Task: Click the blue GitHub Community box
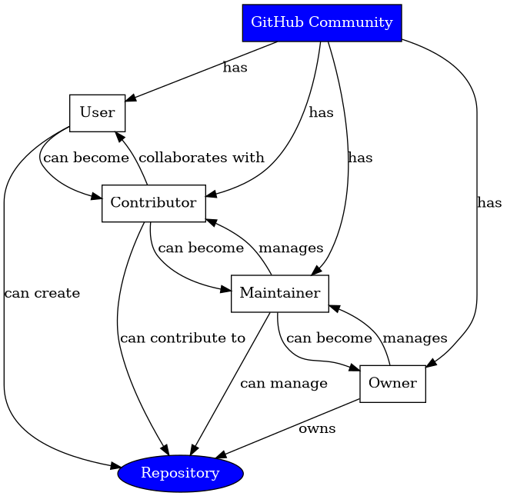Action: point(322,22)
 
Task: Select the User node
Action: point(97,113)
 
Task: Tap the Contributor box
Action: point(153,203)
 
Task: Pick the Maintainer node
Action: point(280,293)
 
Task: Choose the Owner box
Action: point(392,383)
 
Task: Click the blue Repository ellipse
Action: point(180,473)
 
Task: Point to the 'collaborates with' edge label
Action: point(202,158)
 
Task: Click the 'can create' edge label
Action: point(42,293)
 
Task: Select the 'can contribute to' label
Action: point(182,338)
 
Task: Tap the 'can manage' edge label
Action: point(283,383)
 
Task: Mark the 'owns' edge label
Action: point(317,428)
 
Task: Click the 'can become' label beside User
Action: point(85,158)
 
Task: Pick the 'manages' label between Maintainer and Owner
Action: point(415,338)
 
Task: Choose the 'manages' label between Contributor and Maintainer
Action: point(291,248)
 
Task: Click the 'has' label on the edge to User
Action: point(235,68)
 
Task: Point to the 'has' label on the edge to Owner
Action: point(489,203)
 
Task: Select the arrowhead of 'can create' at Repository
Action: point(116,466)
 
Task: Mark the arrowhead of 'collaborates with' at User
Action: point(119,136)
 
